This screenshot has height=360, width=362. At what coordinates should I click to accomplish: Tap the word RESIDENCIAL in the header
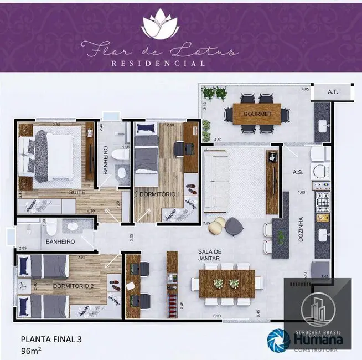(159, 63)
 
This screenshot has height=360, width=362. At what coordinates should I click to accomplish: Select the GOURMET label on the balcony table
(257, 114)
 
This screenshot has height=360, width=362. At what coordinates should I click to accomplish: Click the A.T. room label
(332, 92)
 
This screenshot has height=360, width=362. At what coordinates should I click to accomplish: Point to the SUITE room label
(76, 192)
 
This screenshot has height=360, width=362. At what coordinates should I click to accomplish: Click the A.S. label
(297, 172)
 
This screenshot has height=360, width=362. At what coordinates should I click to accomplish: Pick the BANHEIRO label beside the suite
(105, 160)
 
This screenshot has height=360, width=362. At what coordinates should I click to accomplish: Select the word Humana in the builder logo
(315, 340)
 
